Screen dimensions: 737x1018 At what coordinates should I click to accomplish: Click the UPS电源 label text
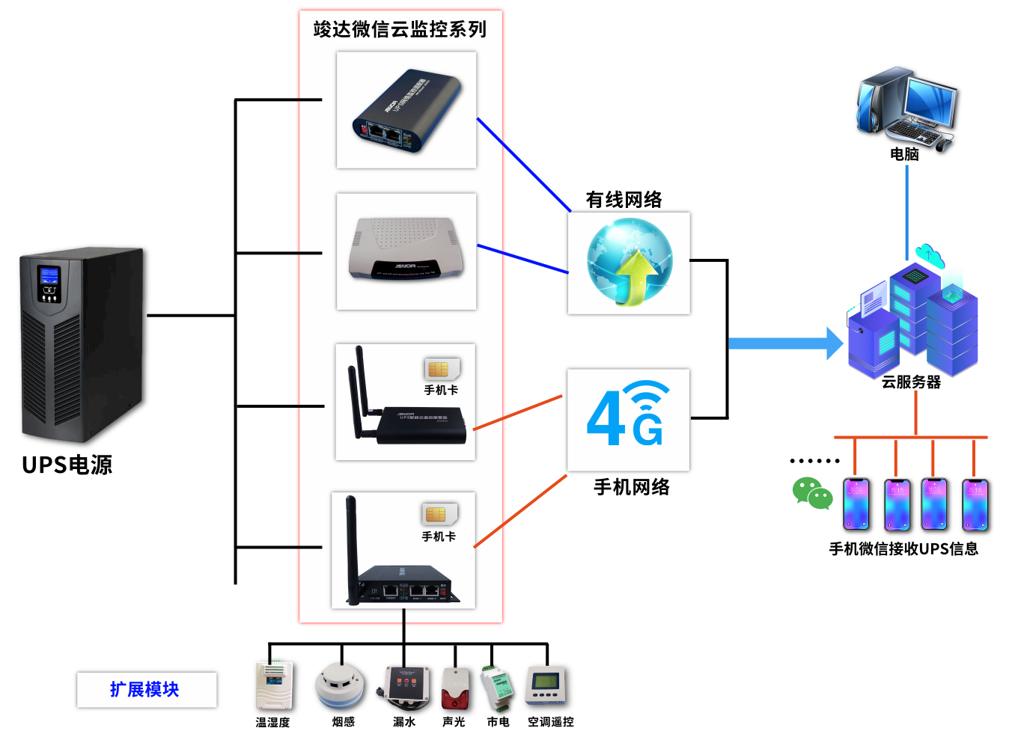67,465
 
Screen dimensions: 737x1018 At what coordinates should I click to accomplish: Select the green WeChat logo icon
812,494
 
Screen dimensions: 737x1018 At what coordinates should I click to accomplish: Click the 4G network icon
628,415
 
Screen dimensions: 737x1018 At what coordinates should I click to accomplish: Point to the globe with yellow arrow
629,262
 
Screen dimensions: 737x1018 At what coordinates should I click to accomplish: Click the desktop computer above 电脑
906,108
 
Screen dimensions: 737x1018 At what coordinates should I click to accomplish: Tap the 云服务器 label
911,382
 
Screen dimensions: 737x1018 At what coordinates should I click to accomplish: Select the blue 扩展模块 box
146,689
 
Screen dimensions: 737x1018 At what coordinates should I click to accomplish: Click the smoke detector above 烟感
341,685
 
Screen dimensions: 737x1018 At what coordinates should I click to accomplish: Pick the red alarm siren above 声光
454,688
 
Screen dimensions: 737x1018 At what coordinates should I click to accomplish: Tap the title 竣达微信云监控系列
400,29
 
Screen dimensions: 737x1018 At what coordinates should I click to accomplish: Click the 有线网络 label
624,200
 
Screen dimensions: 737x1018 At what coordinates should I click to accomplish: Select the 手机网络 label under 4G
631,487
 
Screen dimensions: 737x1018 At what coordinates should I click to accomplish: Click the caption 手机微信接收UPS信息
903,548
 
